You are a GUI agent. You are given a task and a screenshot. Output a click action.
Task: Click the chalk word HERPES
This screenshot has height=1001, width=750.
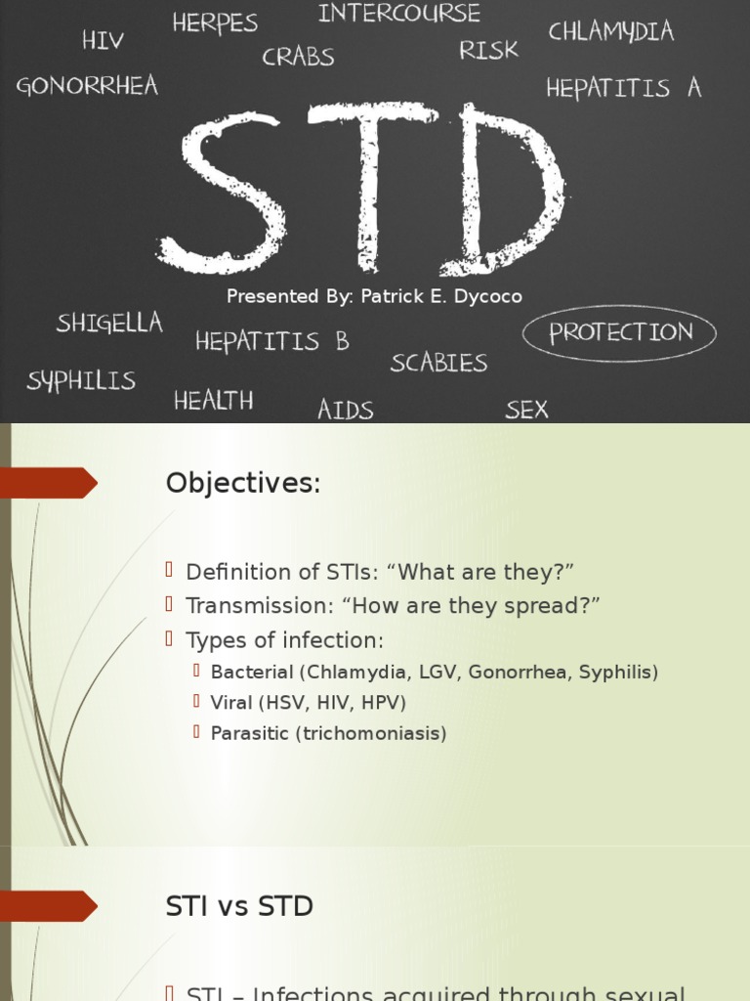(215, 22)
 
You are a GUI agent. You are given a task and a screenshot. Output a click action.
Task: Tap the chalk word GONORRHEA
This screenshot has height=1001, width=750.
(87, 86)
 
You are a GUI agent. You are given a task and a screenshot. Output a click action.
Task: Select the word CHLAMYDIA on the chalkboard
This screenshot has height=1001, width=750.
(610, 31)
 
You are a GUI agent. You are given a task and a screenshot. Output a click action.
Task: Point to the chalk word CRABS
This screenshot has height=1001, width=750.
(298, 57)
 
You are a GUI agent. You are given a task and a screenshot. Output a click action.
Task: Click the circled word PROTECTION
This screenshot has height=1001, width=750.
(620, 333)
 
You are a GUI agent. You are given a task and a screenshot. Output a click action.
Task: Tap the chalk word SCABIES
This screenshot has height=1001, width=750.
(438, 363)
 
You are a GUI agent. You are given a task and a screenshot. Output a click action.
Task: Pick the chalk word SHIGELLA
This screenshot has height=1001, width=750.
(109, 324)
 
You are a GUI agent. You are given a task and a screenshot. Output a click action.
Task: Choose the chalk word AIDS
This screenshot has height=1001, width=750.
(345, 410)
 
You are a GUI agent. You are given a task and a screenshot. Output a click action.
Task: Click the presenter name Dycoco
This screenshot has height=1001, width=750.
(487, 296)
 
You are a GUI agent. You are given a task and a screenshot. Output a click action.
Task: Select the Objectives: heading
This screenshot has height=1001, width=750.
(243, 483)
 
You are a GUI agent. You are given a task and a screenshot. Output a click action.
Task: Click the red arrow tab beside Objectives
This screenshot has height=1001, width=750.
(49, 483)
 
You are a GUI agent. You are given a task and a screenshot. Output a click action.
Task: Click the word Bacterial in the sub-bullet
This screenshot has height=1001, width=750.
(252, 673)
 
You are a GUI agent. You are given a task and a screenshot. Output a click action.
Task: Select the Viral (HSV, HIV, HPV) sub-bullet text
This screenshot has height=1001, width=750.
(308, 703)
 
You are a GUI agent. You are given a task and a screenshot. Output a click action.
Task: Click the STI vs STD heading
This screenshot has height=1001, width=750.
(239, 906)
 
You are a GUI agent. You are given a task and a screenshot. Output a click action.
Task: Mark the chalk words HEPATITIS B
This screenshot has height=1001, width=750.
(271, 342)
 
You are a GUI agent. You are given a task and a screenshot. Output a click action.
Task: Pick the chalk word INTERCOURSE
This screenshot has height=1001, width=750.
(398, 14)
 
